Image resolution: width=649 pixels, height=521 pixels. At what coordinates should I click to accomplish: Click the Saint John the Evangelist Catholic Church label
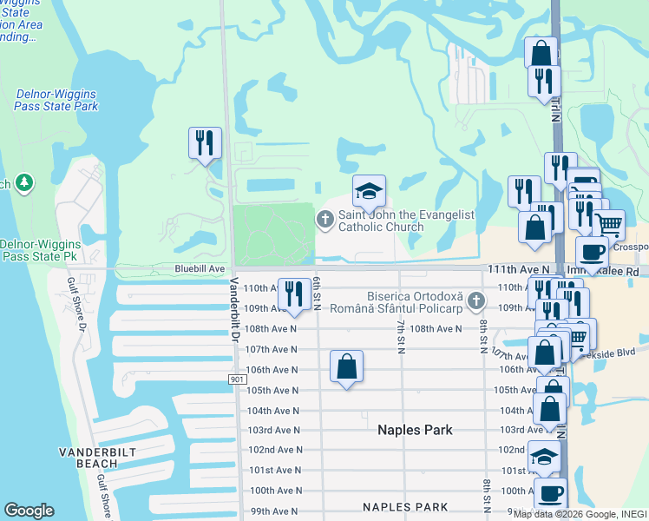[x=380, y=221]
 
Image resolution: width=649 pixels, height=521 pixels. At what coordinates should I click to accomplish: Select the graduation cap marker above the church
[x=369, y=191]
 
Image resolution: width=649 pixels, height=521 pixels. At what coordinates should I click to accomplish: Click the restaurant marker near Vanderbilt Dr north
[x=206, y=143]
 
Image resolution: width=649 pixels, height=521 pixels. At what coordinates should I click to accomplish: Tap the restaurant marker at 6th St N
[x=295, y=293]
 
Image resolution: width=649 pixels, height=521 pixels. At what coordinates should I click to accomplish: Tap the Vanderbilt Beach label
[x=94, y=458]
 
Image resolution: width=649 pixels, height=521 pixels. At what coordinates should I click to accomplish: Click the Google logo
[x=29, y=511]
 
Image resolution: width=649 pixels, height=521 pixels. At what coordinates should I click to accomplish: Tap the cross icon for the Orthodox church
[x=475, y=302]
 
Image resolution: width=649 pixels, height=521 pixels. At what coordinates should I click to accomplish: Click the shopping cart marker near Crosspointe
[x=609, y=225]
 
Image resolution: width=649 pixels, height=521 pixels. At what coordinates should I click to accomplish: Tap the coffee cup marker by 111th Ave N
[x=593, y=253]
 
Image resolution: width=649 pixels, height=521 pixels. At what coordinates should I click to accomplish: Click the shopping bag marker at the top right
[x=541, y=53]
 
